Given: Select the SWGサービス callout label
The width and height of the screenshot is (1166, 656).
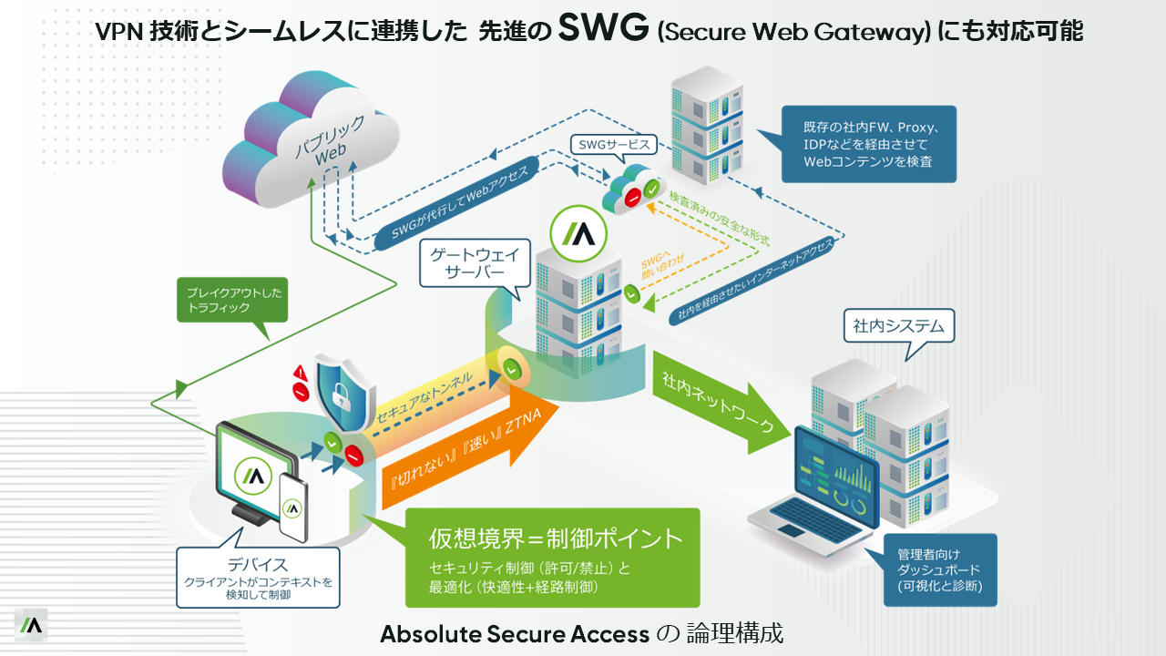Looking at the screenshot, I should point(610,145).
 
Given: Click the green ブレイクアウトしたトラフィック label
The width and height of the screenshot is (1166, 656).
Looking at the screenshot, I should point(231,300).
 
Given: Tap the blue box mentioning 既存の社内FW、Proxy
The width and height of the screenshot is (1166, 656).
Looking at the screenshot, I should point(865,143).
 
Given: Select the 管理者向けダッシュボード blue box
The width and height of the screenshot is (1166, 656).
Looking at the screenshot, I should point(941,569).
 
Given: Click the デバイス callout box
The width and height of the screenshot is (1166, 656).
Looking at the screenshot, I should point(258,578).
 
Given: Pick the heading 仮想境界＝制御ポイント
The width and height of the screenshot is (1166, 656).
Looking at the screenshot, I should point(556,538).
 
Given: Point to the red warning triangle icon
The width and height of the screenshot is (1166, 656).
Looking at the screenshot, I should point(298,373).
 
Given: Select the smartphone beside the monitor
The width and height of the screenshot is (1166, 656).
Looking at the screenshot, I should point(293,508).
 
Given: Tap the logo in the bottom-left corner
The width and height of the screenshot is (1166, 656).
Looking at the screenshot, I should point(32,625).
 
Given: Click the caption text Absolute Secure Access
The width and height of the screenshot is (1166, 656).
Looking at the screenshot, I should point(514,632).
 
